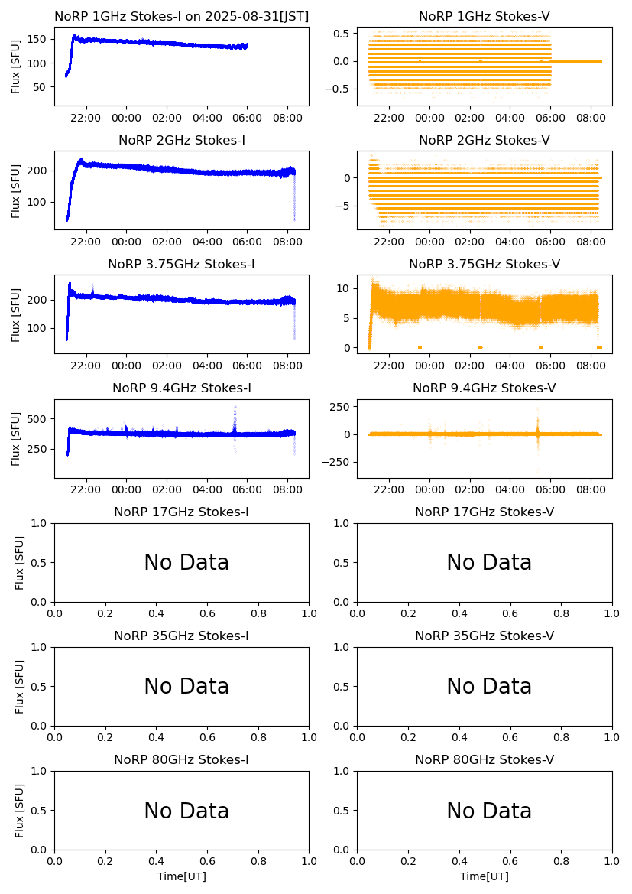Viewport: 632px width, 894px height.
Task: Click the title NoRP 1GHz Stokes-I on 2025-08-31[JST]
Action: point(181,17)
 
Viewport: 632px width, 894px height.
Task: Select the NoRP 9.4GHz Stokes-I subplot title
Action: point(181,388)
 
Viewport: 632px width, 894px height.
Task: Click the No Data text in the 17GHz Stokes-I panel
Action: point(186,563)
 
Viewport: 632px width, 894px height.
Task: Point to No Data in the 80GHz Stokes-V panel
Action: point(489,811)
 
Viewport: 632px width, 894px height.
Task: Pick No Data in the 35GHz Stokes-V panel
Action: point(489,687)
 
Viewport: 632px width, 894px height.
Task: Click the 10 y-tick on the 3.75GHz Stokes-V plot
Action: point(345,288)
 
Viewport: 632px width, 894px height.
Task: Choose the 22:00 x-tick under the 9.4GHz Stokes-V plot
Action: point(389,490)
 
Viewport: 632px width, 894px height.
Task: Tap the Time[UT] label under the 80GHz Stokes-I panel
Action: point(181,876)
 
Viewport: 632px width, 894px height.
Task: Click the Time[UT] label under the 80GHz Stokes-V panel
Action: point(485,876)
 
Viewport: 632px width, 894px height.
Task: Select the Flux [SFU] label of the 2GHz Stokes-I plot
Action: point(16,190)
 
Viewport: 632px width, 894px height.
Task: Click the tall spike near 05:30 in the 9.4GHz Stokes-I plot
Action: point(235,411)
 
